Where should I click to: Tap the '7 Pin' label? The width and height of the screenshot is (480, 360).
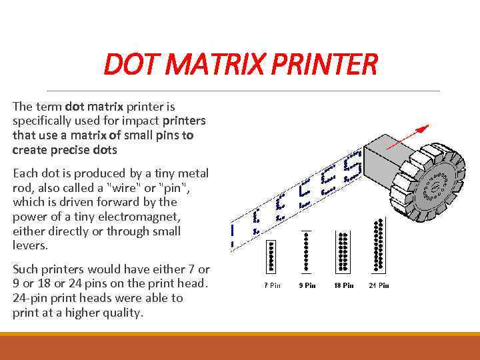pyautogui.click(x=271, y=286)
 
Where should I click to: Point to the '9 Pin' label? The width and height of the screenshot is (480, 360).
pyautogui.click(x=307, y=286)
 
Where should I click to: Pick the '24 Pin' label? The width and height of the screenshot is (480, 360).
pyautogui.click(x=379, y=286)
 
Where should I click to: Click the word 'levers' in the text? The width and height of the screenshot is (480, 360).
pyautogui.click(x=29, y=245)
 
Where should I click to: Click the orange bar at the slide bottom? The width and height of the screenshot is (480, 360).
pyautogui.click(x=240, y=347)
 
